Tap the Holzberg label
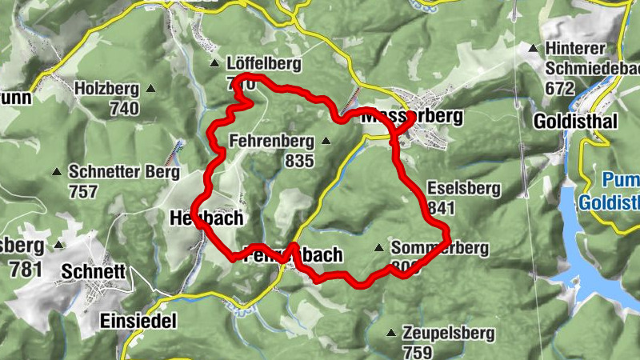[107, 90]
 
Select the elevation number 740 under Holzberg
[124, 108]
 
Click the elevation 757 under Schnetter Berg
[83, 191]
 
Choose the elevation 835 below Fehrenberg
[299, 160]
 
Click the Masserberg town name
[413, 117]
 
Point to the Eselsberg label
[464, 189]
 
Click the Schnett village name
[93, 272]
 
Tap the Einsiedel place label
[138, 321]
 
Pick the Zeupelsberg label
[449, 333]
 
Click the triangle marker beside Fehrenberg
[326, 142]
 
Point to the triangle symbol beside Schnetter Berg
[56, 171]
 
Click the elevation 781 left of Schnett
[26, 269]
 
